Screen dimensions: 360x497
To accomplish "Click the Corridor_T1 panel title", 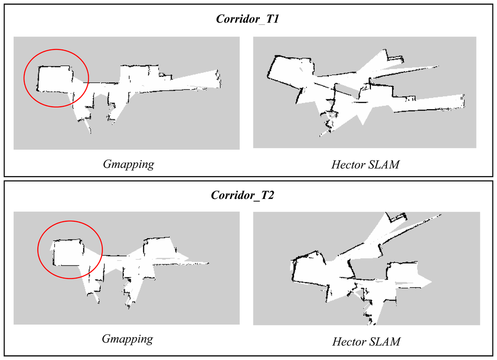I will click(x=248, y=19).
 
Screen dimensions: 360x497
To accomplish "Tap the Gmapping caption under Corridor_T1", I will click(x=128, y=164).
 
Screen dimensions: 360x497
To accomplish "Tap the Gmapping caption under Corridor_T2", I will click(x=127, y=339).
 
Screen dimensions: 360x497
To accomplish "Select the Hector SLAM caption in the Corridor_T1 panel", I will click(x=365, y=164).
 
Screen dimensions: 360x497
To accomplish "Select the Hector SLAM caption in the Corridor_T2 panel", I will click(x=366, y=342).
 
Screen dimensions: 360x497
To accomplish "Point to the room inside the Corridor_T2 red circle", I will click(x=67, y=252).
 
